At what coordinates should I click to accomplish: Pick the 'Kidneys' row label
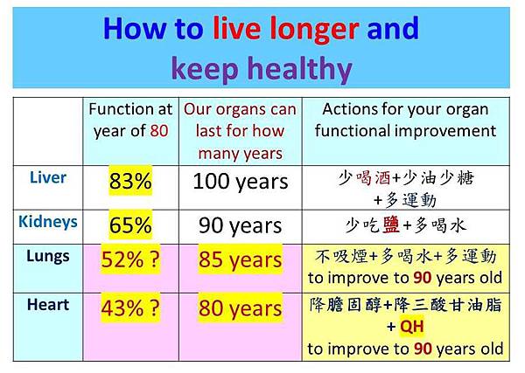[x=47, y=222]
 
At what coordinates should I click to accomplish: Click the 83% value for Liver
[x=130, y=183]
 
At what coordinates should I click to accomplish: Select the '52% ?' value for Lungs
[x=136, y=259]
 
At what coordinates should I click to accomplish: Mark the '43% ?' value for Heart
[x=136, y=309]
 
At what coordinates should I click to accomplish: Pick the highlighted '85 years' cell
[x=240, y=259]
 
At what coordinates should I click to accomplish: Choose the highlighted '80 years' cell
[x=240, y=308]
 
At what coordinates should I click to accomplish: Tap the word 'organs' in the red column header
[x=241, y=110]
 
